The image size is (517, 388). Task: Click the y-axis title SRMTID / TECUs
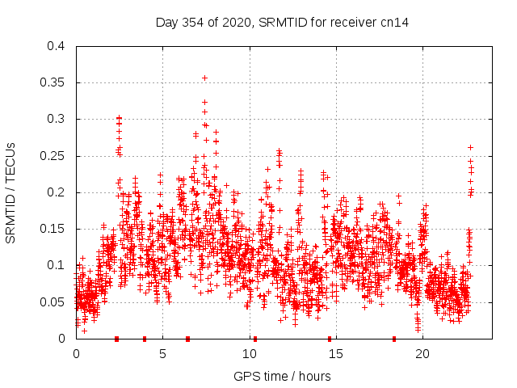pos(11,192)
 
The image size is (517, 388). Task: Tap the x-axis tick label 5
pos(162,354)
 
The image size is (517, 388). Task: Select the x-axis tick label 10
pos(250,354)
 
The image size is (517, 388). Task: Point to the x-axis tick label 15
pos(336,354)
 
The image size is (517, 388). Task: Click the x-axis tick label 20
pos(422,354)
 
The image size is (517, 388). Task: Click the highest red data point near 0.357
pos(205,78)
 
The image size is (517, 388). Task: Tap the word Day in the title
pos(166,23)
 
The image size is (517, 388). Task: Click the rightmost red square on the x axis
pos(394,339)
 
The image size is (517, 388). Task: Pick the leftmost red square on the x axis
pos(117,339)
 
